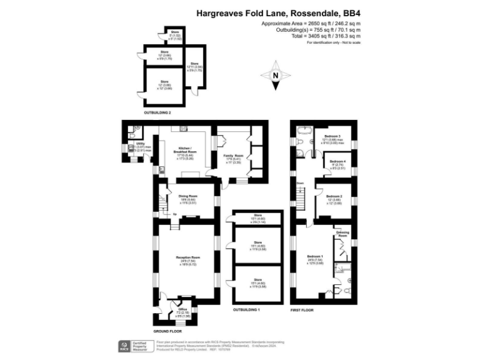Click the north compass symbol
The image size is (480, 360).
275,76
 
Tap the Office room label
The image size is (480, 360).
183,309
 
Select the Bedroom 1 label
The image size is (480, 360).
315,257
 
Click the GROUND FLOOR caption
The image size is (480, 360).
168,331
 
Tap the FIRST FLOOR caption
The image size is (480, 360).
302,310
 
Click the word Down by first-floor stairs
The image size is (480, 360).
301,183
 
